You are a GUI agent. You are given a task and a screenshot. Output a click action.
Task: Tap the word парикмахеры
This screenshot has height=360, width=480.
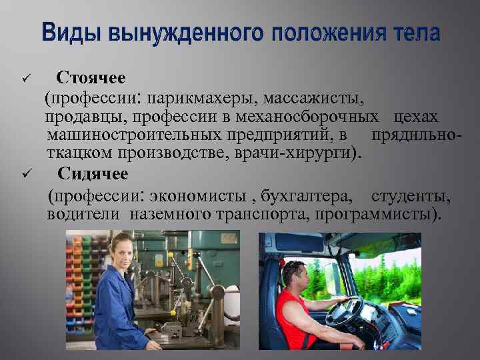point(203,99)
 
